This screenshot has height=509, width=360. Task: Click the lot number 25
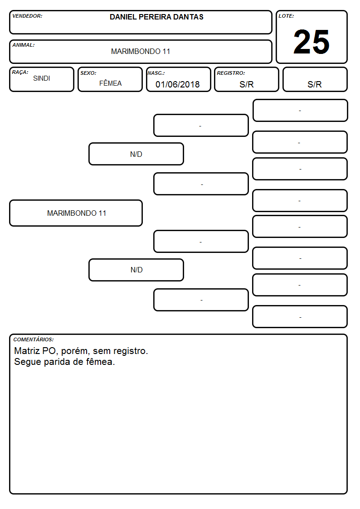(x=311, y=42)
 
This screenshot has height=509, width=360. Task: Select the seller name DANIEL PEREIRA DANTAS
(x=156, y=17)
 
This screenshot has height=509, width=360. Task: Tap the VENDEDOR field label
(x=27, y=16)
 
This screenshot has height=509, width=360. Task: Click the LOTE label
(x=286, y=16)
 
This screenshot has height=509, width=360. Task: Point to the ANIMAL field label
(x=24, y=45)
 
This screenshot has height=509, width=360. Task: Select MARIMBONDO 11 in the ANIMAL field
(x=141, y=51)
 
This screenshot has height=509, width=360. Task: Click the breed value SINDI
(x=42, y=78)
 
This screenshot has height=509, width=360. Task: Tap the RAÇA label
(x=20, y=73)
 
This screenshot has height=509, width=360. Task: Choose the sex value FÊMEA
(x=110, y=83)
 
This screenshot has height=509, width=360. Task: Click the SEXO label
(x=88, y=73)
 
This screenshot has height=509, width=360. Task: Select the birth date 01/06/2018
(x=178, y=84)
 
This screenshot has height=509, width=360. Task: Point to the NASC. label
(x=156, y=73)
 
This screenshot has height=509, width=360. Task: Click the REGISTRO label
(x=231, y=73)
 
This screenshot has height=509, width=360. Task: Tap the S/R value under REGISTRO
(x=246, y=84)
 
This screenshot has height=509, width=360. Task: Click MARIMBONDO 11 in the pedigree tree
(x=77, y=213)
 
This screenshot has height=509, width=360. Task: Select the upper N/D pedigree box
(x=136, y=154)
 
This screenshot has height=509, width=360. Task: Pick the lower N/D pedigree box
(x=136, y=270)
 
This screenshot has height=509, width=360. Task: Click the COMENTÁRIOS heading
(x=34, y=339)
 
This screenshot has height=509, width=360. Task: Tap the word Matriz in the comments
(x=27, y=351)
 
